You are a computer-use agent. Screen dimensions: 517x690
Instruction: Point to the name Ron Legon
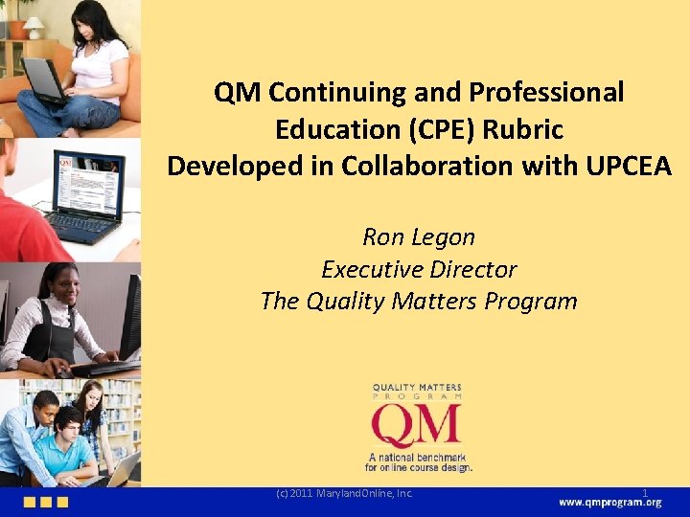coord(419,236)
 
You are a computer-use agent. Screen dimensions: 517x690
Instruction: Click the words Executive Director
coord(419,269)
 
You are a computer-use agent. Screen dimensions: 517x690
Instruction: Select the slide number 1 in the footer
coord(645,494)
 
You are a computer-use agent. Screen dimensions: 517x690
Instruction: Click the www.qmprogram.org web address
coord(609,504)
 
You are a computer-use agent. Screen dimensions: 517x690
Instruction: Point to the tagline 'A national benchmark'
coord(416,457)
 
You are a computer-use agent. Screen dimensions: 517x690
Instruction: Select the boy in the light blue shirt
coord(72,445)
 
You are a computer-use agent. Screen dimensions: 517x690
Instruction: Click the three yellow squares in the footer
coord(46,503)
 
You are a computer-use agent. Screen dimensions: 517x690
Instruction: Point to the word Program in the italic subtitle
coord(531,302)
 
